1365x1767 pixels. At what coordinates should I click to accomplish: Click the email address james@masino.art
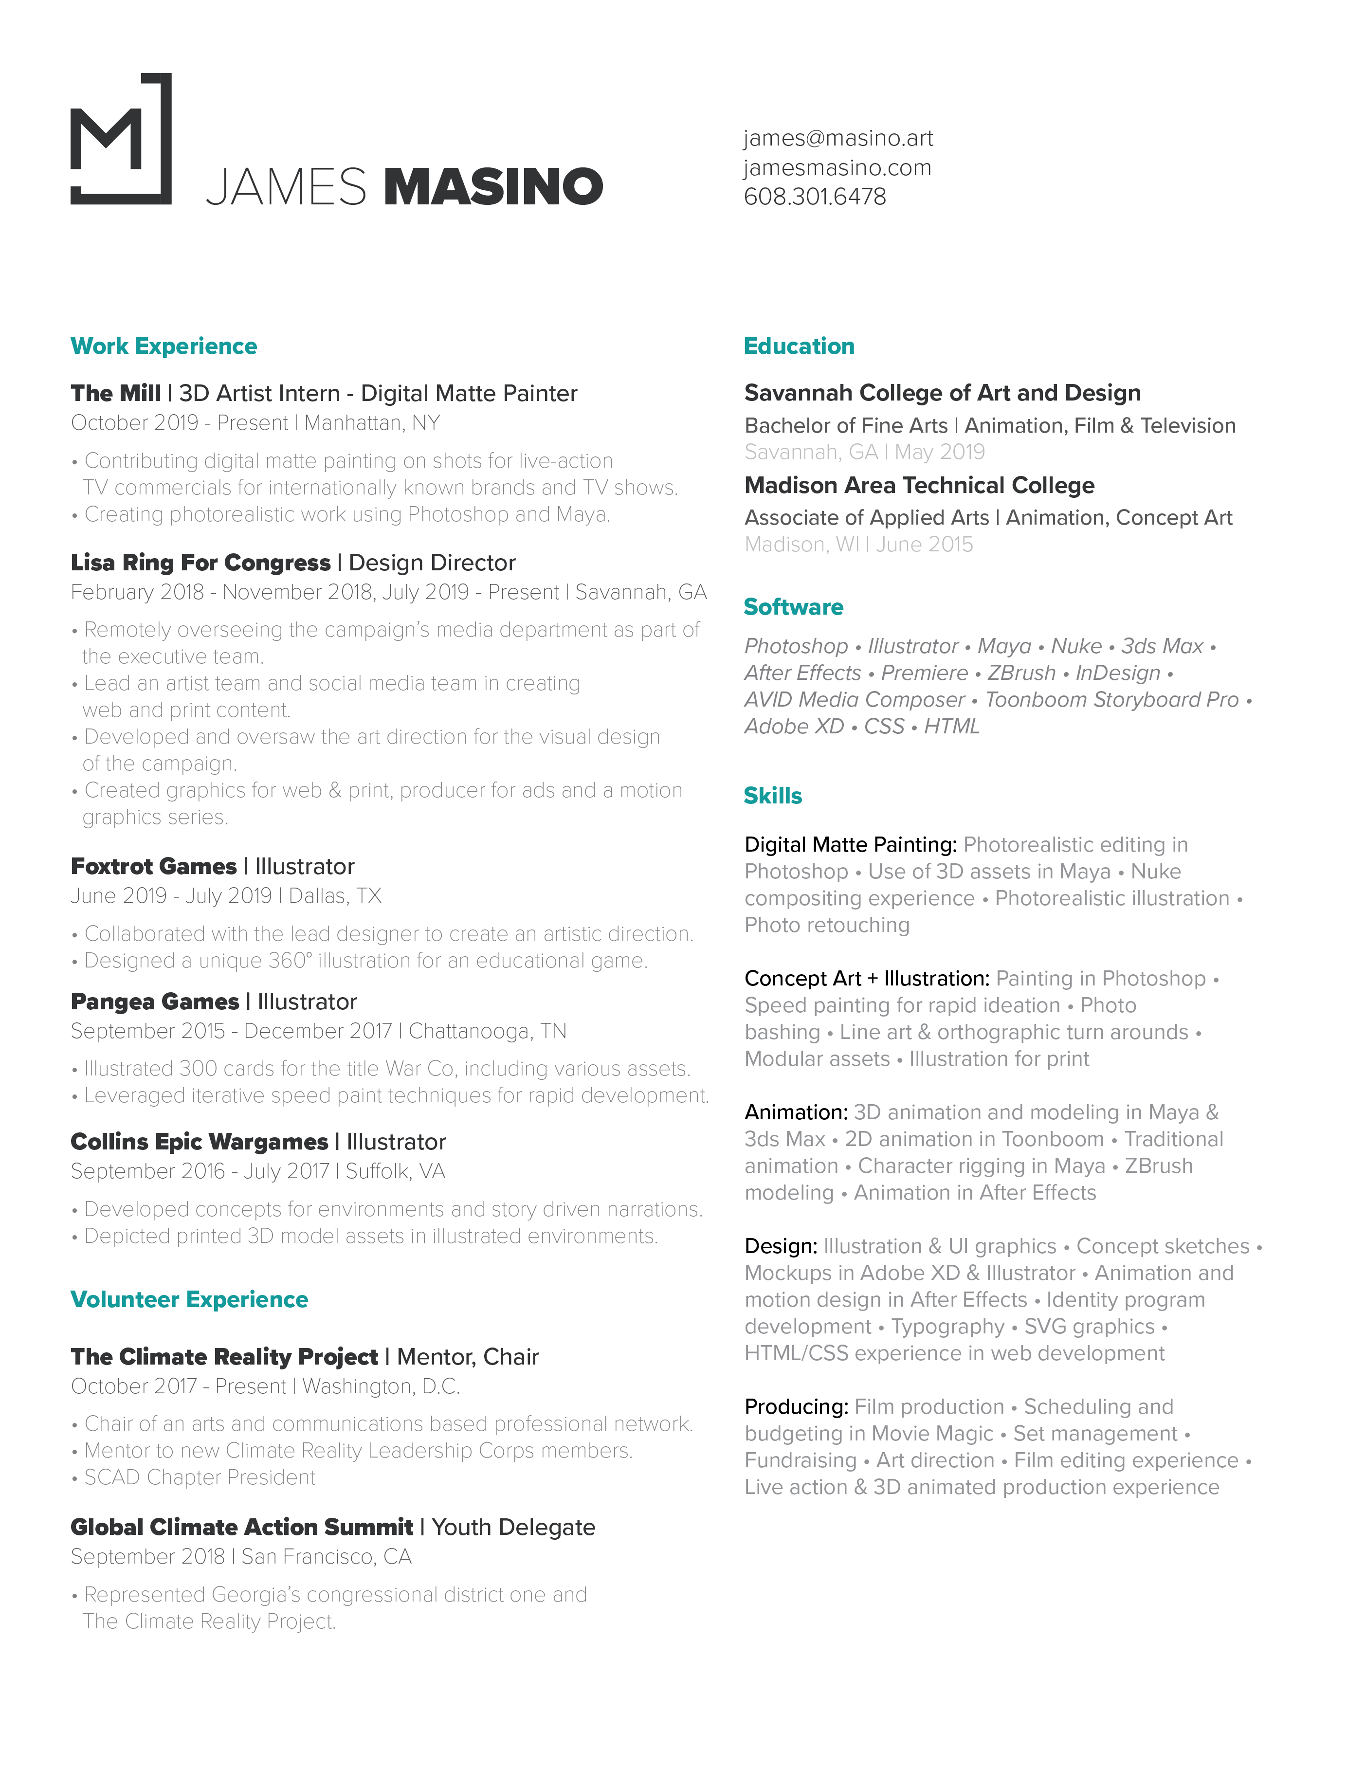coord(838,138)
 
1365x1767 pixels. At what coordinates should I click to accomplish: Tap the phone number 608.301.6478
coord(815,197)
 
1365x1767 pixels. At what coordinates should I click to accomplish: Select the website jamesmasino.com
coord(837,167)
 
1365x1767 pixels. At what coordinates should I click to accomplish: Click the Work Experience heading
coord(164,346)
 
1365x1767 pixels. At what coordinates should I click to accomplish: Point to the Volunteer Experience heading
coord(189,1299)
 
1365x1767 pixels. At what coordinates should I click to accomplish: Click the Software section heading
coord(793,607)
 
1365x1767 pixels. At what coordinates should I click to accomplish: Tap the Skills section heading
coord(773,796)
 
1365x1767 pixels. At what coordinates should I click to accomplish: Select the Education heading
coord(799,346)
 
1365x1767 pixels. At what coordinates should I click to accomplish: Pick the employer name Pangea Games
coord(155,1002)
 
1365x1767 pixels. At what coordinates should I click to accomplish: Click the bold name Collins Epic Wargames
coord(199,1142)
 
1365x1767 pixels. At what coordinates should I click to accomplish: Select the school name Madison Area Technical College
coord(919,486)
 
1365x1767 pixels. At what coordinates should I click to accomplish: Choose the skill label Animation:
coord(795,1112)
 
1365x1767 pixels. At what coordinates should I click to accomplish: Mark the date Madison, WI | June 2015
coord(858,545)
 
